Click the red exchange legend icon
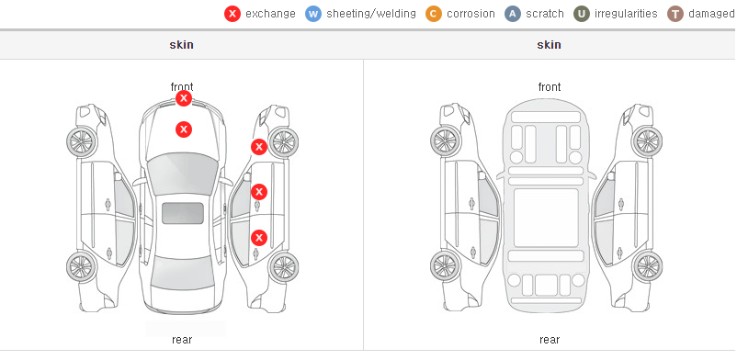232,14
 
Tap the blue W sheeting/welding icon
313,14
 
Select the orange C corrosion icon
434,14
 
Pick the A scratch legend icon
513,14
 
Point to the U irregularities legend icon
582,14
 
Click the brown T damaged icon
675,14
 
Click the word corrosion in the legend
471,14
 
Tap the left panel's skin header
181,45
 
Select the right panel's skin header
549,45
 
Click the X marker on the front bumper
184,98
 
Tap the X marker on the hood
184,129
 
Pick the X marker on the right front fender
259,147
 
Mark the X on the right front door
259,192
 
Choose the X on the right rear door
259,238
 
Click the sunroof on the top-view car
183,213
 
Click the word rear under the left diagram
182,339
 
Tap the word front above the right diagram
550,87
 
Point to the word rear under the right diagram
550,339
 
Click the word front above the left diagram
182,87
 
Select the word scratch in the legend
545,14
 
